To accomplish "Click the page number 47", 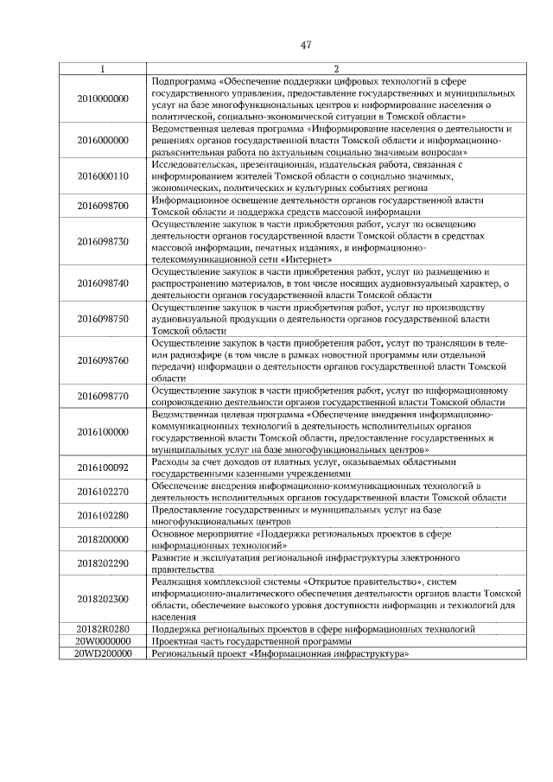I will [306, 46].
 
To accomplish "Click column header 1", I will [103, 68].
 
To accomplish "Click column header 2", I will [336, 68].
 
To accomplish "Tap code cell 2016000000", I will [103, 139].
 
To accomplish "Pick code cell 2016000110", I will [103, 175].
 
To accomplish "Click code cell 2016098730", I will [103, 241].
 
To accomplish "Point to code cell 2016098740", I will [103, 283].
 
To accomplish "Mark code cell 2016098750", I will [103, 319].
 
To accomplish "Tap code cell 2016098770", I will [103, 397].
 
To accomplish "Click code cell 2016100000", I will [103, 432].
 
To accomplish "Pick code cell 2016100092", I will [103, 467].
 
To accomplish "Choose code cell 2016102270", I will [103, 492].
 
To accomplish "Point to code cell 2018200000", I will [103, 540].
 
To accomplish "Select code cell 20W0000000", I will [103, 642].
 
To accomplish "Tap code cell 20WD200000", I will [103, 654].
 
